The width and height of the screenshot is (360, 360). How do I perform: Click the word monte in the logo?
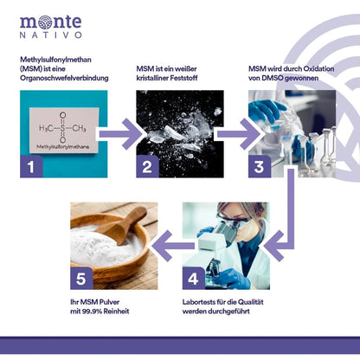[51, 21]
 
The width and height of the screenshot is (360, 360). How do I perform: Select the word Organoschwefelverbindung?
[64, 79]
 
